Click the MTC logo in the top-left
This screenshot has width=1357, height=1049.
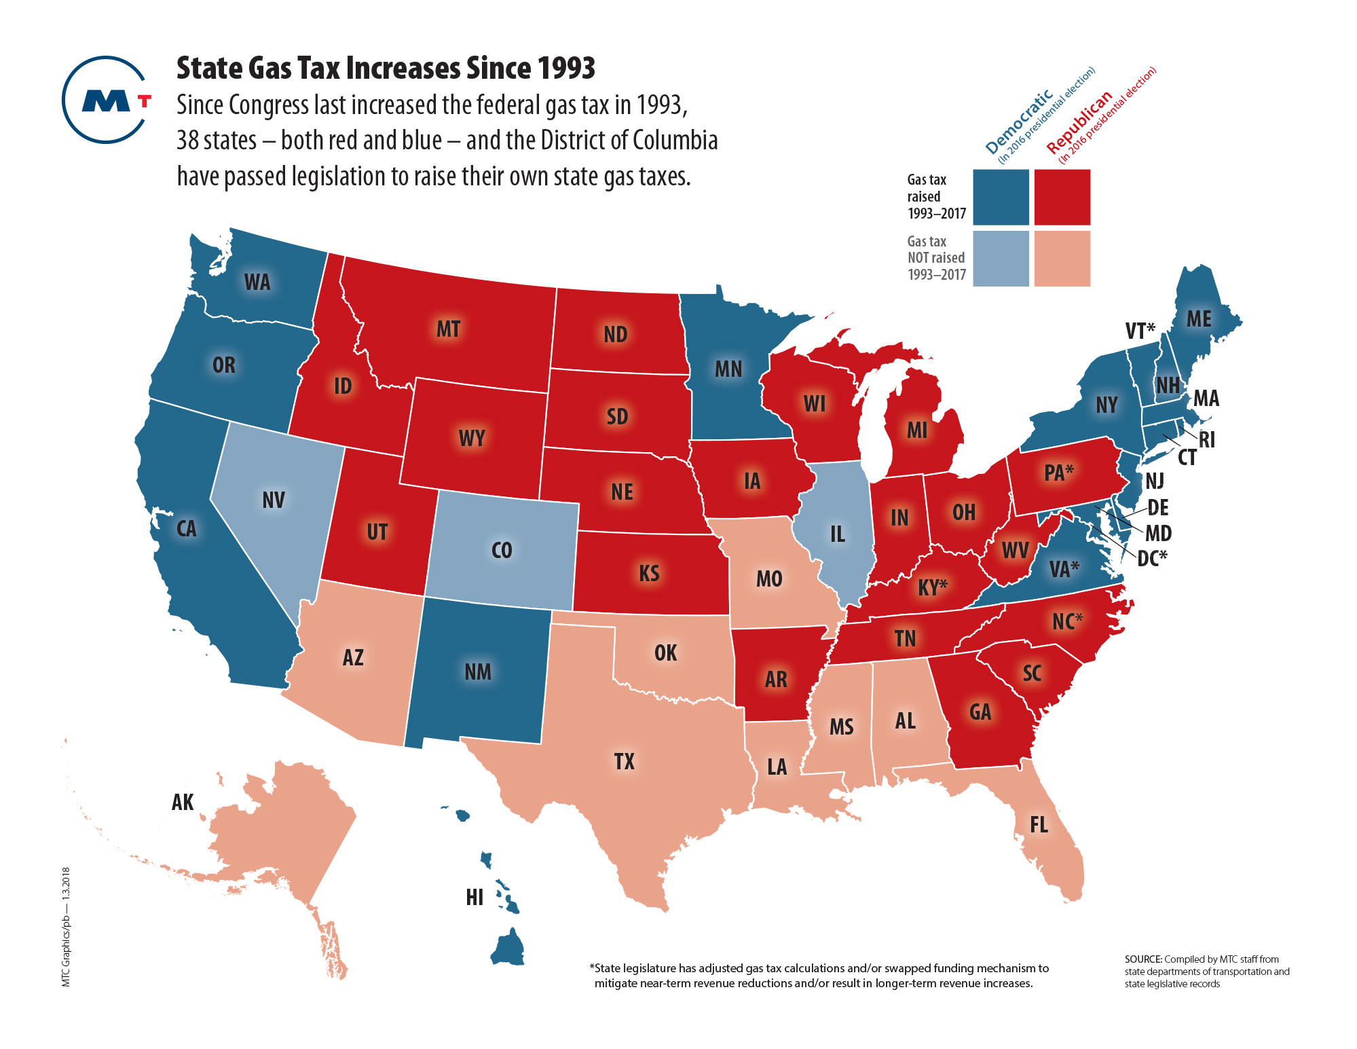click(106, 100)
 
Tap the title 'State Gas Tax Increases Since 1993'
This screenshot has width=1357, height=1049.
click(386, 68)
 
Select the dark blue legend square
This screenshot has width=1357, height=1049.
click(1001, 197)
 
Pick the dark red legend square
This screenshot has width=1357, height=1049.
click(1062, 197)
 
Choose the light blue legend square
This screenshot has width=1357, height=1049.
click(1001, 259)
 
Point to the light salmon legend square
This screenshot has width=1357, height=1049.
click(1062, 259)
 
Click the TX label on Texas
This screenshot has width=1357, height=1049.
click(625, 762)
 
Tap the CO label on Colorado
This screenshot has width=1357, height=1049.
click(502, 550)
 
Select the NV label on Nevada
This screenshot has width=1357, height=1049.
click(274, 500)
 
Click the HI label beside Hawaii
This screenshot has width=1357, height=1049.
click(475, 898)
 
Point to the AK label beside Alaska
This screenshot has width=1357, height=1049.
click(183, 803)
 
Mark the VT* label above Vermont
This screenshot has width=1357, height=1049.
click(1140, 331)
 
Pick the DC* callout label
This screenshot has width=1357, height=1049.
click(1152, 558)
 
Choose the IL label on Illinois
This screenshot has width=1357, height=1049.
click(838, 534)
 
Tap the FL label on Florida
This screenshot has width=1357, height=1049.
click(1039, 825)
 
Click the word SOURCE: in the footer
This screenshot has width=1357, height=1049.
click(1143, 959)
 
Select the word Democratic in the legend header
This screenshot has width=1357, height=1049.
click(1019, 122)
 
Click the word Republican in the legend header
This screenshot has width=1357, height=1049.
click(1079, 122)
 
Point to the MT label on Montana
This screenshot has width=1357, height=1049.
click(448, 329)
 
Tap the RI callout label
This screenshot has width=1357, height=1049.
click(1206, 440)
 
